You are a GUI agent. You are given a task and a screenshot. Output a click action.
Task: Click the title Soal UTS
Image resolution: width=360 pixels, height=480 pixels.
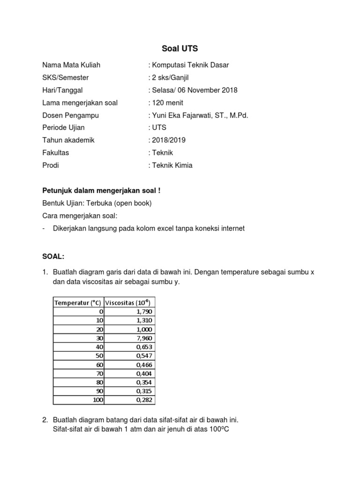[x=180, y=48]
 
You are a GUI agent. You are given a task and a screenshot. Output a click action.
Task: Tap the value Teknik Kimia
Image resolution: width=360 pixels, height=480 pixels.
[x=172, y=165]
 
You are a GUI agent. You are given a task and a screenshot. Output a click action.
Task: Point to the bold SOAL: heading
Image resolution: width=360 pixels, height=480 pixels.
[x=53, y=256]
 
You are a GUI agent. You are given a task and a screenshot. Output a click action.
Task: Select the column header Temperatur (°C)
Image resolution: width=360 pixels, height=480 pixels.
[x=77, y=302]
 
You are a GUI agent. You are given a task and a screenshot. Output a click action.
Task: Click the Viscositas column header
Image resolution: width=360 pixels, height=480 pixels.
[x=128, y=302]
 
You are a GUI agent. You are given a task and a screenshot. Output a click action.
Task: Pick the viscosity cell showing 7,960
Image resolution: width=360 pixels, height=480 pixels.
[x=144, y=338]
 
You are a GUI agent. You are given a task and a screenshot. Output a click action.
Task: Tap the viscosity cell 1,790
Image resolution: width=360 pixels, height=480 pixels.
[x=144, y=311]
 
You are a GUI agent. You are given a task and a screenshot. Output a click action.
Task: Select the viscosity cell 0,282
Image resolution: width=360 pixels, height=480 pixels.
[x=144, y=400]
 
